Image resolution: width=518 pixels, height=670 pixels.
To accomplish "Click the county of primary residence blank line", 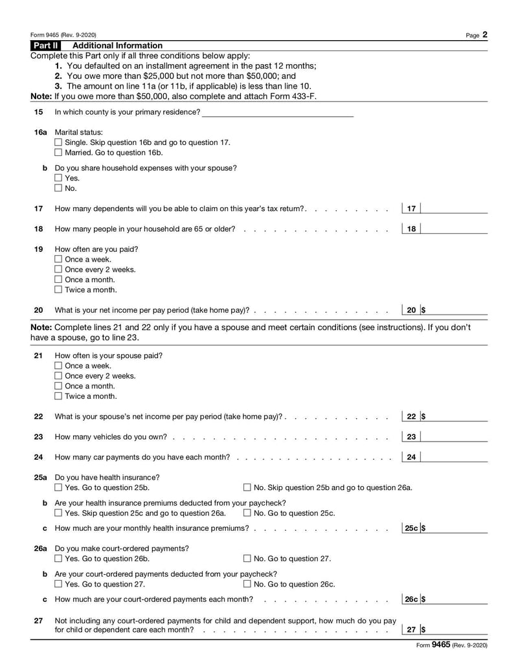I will (278, 112).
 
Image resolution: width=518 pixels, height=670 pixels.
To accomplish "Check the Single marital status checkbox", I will (59, 142).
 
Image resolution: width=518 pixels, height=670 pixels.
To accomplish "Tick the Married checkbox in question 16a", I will (59, 153).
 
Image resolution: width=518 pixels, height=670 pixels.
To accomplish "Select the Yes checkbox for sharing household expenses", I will (59, 178).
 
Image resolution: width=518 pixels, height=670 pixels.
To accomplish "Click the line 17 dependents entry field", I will (455, 208).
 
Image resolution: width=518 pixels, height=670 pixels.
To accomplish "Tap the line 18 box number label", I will (411, 229).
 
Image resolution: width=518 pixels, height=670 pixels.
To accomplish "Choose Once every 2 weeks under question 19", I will (59, 269).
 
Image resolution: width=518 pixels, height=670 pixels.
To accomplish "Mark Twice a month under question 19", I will (59, 290).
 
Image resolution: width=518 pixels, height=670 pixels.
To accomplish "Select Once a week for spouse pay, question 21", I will (59, 366).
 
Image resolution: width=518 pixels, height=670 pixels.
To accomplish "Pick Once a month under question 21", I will (59, 386).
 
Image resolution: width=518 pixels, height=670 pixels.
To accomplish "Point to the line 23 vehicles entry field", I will (455, 437).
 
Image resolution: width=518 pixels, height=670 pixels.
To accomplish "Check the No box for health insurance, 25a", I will (247, 487).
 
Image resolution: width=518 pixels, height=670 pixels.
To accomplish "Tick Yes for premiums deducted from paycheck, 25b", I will (59, 513).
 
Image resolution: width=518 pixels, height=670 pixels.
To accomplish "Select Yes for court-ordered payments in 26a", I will (59, 559).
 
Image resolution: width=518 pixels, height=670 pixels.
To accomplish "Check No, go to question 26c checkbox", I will (247, 585).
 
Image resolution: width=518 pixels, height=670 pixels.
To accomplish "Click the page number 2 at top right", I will (484, 35).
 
